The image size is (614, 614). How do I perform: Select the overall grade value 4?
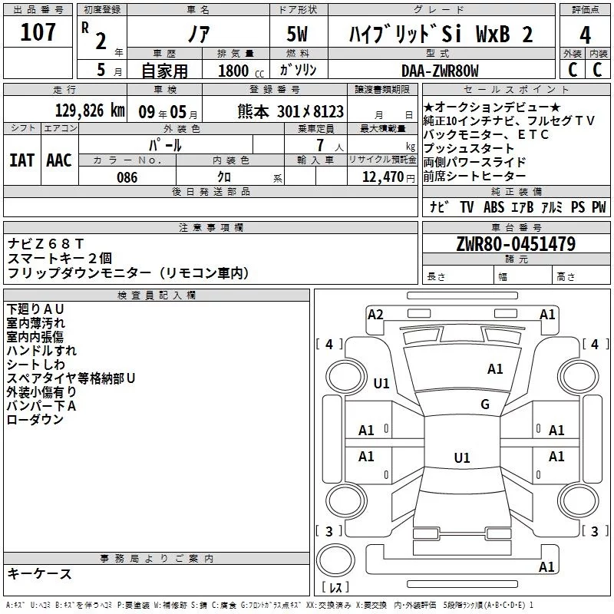586,35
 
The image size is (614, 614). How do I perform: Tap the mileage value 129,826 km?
91,111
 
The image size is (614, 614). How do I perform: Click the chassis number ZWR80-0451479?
515,244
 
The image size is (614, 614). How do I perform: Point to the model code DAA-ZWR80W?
440,71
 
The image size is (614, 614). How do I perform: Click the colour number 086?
127,177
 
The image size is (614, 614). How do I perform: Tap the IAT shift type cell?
22,160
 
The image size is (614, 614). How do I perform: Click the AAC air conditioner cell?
59,160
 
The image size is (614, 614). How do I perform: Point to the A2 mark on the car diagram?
375,314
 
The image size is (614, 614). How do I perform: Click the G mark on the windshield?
485,404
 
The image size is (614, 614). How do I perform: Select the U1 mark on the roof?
461,458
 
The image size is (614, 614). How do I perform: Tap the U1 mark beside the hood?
381,383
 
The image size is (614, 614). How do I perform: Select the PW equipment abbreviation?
598,207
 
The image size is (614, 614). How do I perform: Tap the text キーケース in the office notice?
40,574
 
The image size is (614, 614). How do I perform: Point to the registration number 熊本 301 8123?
290,111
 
